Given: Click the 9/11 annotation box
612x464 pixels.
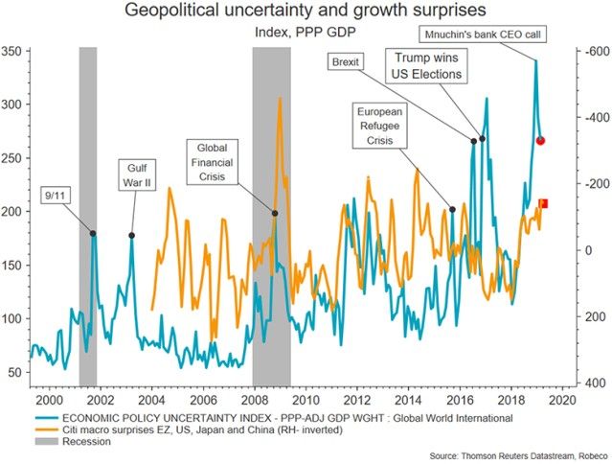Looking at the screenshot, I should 56,196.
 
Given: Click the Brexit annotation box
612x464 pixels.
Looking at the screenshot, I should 346,62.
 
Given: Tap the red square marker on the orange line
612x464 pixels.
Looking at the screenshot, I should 543,203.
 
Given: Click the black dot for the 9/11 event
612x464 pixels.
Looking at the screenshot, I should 93,233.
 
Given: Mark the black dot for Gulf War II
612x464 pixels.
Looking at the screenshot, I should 132,235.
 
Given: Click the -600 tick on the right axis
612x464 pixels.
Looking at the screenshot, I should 596,50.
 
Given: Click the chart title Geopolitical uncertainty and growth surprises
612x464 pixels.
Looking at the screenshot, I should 306,12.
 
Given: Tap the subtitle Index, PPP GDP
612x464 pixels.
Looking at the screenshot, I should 306,34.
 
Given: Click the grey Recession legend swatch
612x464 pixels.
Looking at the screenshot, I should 46,441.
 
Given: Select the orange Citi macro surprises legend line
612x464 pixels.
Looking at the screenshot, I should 46,429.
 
